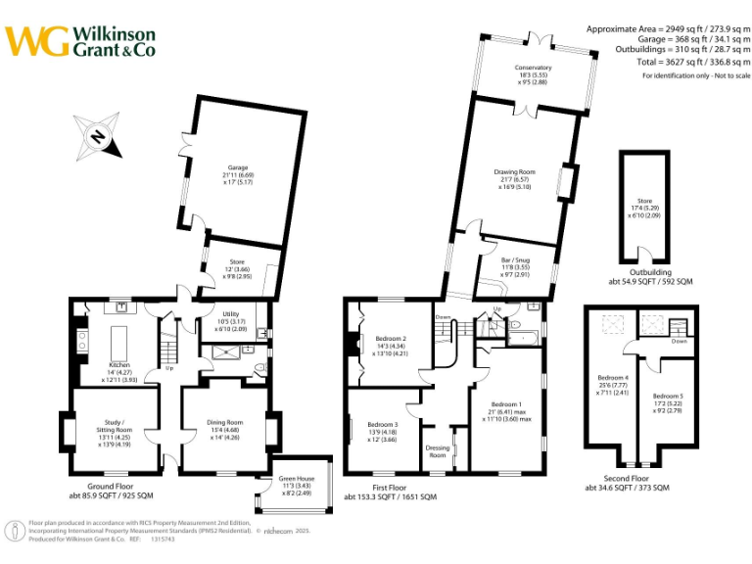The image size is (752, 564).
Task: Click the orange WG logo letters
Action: [37, 41]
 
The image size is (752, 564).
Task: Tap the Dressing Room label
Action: [438, 451]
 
